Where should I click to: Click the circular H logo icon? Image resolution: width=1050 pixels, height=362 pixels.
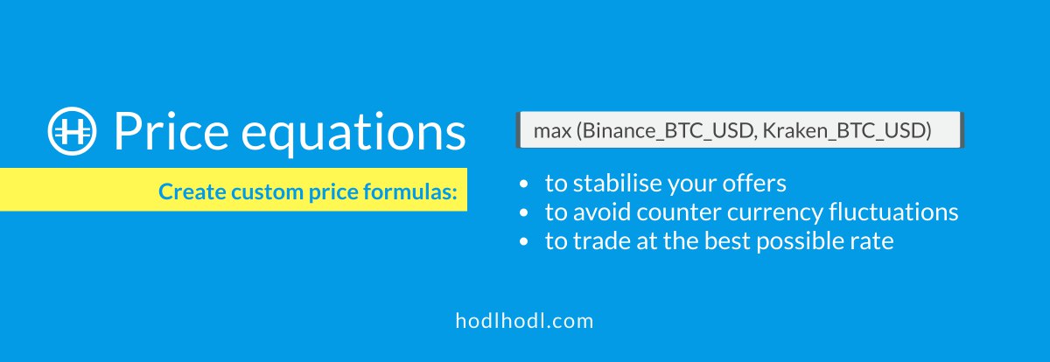pos(72,130)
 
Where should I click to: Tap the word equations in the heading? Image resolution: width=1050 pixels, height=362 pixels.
pos(353,134)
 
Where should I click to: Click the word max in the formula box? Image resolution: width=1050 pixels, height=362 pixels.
pos(553,131)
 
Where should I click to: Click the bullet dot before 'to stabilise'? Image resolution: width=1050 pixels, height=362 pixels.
pos(524,184)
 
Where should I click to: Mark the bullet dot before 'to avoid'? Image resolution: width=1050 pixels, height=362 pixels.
pos(524,212)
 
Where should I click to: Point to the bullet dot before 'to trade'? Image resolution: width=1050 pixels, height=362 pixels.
pos(524,241)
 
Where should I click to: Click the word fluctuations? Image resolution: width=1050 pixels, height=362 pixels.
pos(894,212)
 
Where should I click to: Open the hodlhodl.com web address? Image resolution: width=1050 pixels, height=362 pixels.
pos(524,321)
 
